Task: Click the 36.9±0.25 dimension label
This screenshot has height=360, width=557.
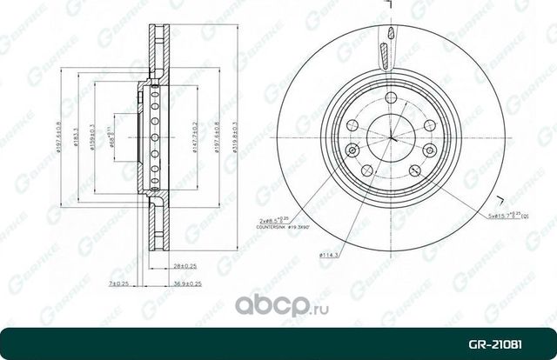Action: pyautogui.click(x=186, y=283)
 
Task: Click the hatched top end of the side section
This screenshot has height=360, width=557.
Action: pyautogui.click(x=156, y=30)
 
